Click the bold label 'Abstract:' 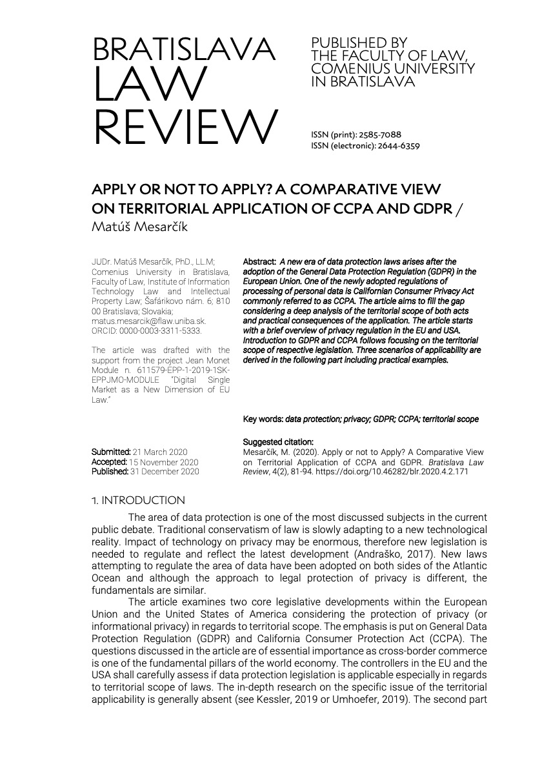pos(259,262)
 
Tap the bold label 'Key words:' pos(263,419)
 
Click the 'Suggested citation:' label pos(278,442)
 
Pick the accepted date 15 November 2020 pos(164,462)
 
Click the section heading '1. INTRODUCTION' pos(139,501)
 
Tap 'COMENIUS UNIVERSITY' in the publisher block pos(393,68)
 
